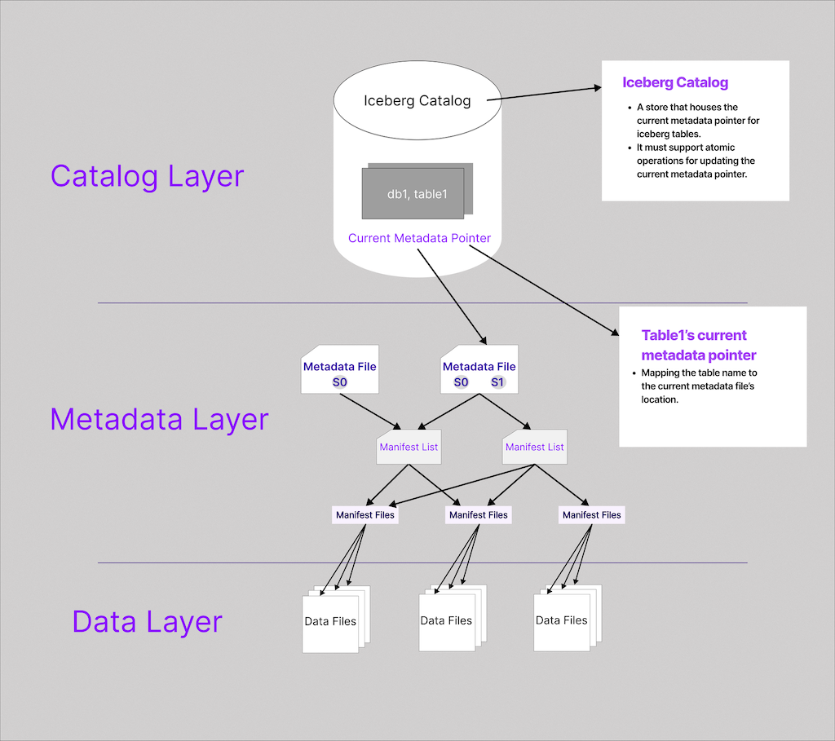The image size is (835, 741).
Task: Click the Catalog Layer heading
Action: click(x=147, y=176)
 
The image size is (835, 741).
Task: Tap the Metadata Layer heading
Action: click(x=159, y=419)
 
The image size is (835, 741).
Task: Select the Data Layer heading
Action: click(x=147, y=621)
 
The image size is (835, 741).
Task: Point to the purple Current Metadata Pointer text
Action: click(x=419, y=238)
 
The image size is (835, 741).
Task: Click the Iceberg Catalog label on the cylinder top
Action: click(x=417, y=101)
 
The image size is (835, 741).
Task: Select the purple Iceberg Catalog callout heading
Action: click(x=674, y=82)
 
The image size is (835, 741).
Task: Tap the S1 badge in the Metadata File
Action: click(x=497, y=382)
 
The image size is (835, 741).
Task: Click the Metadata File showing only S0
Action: click(x=339, y=373)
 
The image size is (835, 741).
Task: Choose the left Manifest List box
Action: click(x=409, y=448)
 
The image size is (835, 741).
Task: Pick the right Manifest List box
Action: click(x=534, y=448)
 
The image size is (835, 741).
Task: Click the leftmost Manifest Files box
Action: click(x=364, y=515)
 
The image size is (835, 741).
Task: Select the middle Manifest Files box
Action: click(x=478, y=515)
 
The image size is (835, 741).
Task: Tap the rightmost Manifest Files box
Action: click(x=591, y=515)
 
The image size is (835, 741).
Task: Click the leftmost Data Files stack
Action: click(x=331, y=621)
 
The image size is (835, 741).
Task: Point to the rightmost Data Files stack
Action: click(x=562, y=620)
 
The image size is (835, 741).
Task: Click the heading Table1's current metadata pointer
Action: click(x=698, y=345)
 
